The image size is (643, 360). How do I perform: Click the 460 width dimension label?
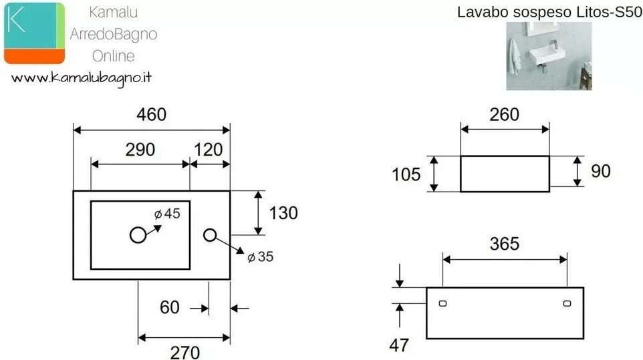151,115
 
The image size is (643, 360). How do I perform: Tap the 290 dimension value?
140,150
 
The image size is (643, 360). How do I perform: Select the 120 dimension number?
209,150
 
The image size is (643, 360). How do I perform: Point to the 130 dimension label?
283,213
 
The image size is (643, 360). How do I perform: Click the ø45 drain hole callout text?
167,214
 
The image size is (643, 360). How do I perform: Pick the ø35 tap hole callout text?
261,257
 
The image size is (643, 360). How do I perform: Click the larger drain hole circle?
138,235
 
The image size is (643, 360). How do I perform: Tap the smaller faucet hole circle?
210,235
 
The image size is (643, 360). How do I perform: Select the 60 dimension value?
170,308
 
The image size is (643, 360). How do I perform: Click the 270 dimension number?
185,353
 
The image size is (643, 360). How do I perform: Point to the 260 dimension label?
505,115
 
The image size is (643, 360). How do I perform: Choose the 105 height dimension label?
406,175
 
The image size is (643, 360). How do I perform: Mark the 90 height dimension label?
601,171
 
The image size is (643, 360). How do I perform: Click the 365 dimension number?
505,244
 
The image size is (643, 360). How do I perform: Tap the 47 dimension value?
399,346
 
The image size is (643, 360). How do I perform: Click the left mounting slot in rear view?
443,303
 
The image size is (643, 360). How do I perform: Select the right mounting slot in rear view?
567,303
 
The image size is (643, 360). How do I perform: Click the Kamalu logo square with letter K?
35,33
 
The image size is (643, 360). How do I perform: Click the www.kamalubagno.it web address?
82,78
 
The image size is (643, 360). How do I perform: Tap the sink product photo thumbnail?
549,56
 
